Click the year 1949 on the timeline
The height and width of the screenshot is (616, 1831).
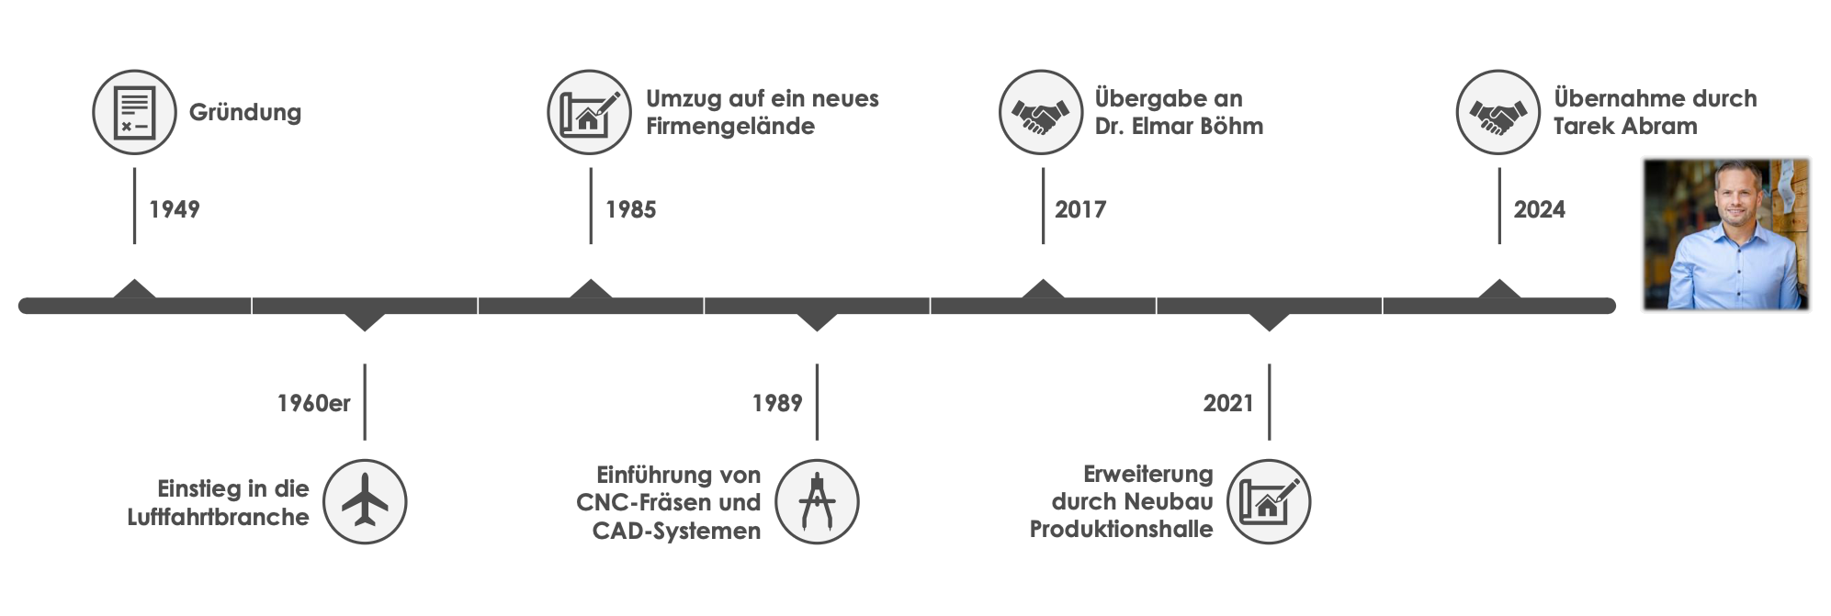tap(174, 210)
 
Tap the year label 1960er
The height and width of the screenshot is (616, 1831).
tap(313, 403)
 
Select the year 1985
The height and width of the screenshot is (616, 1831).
tap(630, 210)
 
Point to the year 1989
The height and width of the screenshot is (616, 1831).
tap(776, 403)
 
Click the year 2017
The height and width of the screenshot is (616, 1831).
tap(1079, 210)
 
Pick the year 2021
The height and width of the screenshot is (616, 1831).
tap(1227, 403)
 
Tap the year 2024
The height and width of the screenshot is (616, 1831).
tap(1539, 210)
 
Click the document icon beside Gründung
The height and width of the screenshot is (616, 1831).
tap(134, 112)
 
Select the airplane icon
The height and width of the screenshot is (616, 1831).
tap(365, 502)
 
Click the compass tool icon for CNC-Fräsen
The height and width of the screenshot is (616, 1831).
tap(817, 502)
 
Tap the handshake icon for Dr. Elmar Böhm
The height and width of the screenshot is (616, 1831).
tap(1041, 112)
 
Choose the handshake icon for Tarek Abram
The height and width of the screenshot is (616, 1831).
tap(1498, 112)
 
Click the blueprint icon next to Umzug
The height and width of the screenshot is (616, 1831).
tap(589, 112)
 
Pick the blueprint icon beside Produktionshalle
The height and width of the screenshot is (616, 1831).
tap(1269, 502)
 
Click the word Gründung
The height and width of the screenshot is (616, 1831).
tap(245, 113)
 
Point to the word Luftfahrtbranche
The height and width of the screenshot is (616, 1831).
tap(218, 517)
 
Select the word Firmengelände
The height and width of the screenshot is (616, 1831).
tap(729, 126)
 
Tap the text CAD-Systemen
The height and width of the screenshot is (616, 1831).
tap(676, 531)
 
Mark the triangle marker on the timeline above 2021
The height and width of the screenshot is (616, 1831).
tap(1269, 320)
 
